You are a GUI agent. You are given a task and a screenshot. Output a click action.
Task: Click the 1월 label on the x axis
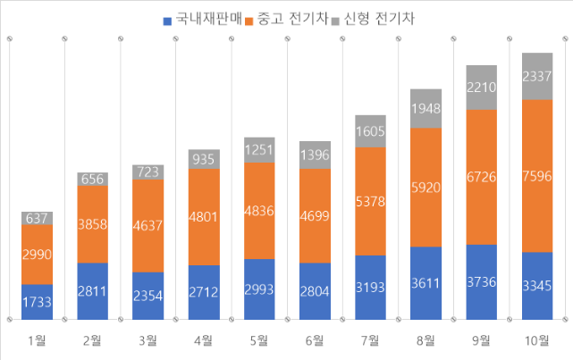click(38, 339)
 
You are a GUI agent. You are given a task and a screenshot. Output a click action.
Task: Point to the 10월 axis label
click(536, 339)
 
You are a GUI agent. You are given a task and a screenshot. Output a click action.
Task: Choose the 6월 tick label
click(315, 339)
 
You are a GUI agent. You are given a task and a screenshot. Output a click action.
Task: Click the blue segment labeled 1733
click(38, 302)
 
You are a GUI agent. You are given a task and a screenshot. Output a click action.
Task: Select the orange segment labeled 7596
click(536, 175)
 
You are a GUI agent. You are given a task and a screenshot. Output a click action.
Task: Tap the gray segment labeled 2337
click(536, 76)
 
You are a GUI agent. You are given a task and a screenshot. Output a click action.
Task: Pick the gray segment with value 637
click(38, 218)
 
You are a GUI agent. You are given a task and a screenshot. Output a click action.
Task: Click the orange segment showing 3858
click(93, 224)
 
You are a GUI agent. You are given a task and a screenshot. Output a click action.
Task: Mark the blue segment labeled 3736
click(481, 281)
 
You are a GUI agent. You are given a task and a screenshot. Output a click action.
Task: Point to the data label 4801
click(204, 216)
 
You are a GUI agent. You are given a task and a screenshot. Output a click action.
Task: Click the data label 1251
click(259, 150)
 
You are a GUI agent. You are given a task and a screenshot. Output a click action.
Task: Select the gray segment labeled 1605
click(370, 131)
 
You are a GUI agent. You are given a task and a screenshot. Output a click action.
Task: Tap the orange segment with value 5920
click(426, 188)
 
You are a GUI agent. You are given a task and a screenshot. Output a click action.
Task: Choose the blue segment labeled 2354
click(148, 296)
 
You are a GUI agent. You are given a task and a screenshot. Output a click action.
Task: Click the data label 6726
click(481, 177)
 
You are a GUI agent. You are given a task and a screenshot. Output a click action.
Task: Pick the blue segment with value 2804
click(315, 291)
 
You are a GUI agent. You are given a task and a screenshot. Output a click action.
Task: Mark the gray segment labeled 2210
click(481, 88)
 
